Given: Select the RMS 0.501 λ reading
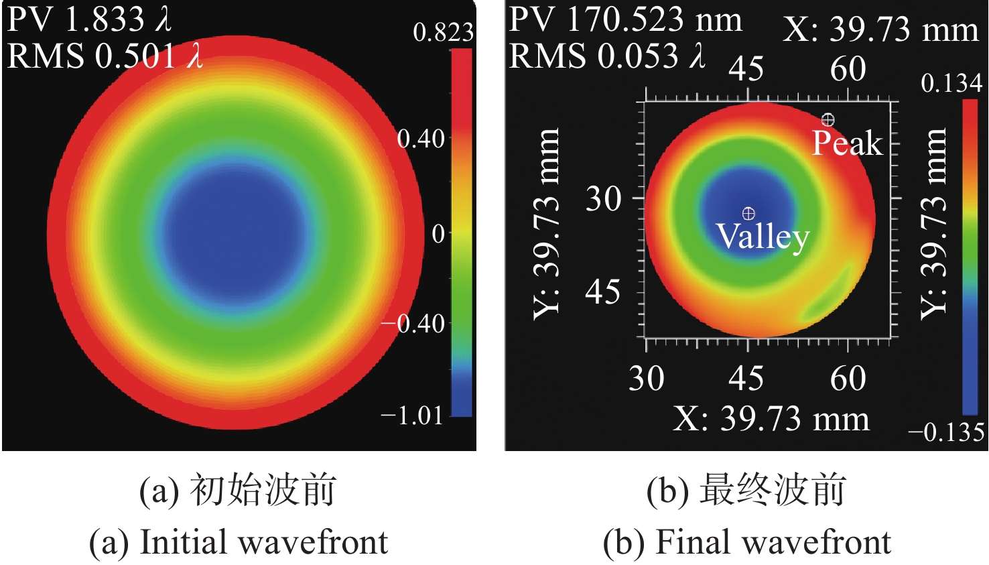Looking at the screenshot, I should pyautogui.click(x=105, y=55).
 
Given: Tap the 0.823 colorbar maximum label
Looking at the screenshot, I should pyautogui.click(x=443, y=32).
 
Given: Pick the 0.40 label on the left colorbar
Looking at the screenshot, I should pyautogui.click(x=421, y=139).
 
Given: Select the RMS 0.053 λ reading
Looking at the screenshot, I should pyautogui.click(x=607, y=55).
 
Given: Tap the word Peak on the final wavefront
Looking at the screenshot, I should pyautogui.click(x=847, y=143).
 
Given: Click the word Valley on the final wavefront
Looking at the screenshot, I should pyautogui.click(x=763, y=236).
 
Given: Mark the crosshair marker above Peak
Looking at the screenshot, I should pyautogui.click(x=828, y=120).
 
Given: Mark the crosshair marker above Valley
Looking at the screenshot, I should pyautogui.click(x=748, y=214).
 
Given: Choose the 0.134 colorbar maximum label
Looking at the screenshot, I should pyautogui.click(x=951, y=83).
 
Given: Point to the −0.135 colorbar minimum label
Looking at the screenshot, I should pyautogui.click(x=946, y=432).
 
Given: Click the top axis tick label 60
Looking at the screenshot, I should pyautogui.click(x=848, y=68).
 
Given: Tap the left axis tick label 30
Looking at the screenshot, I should pyautogui.click(x=604, y=198).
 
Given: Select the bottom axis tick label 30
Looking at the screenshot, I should pyautogui.click(x=646, y=379).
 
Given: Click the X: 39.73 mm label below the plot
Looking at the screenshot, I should pyautogui.click(x=771, y=419).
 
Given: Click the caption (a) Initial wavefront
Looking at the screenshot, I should pyautogui.click(x=239, y=542).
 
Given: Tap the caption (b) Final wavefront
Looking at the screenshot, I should pyautogui.click(x=746, y=542).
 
